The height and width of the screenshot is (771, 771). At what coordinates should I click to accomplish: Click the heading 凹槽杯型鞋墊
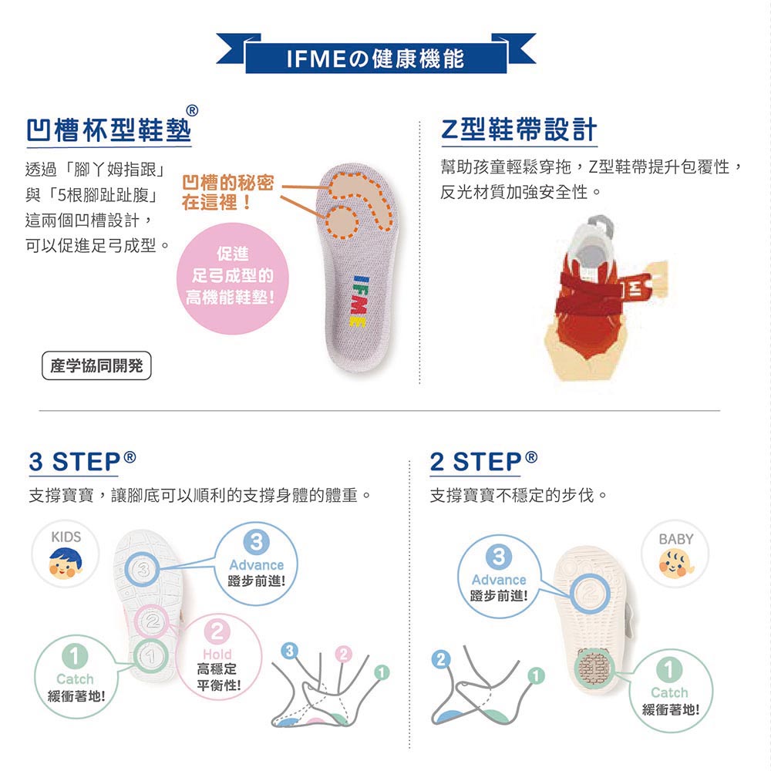click(x=108, y=130)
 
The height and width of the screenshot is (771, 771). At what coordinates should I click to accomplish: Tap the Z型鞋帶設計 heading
click(x=518, y=130)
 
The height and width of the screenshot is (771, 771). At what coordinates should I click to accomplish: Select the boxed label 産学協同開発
click(x=96, y=366)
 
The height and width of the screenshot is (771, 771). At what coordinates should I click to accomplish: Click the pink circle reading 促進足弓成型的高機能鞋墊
click(x=232, y=276)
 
